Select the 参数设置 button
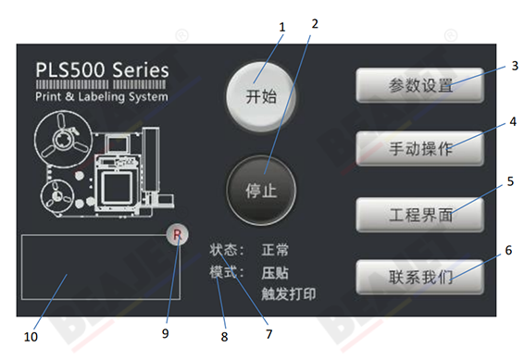coord(419,87)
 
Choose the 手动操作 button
coord(419,149)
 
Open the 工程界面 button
coord(419,215)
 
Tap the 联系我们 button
coord(419,278)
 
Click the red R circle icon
coord(175,236)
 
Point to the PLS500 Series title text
coord(102,70)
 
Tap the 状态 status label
coord(226,250)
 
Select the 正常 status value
coord(275,250)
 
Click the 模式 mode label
coord(226,273)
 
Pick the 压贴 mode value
coord(275,273)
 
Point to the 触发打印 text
coord(288,295)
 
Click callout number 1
coord(282,27)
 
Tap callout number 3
coord(514,67)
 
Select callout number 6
coord(508,250)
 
